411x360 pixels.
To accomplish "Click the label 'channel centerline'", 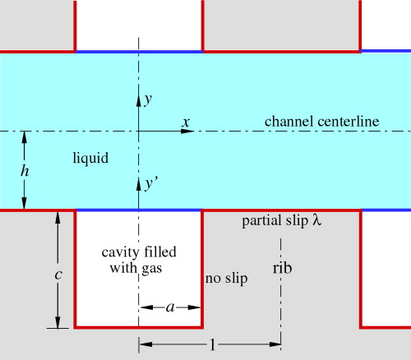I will coord(321,122).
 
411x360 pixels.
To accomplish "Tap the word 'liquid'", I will coord(90,157).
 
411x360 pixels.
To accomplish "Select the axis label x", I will coord(187,122).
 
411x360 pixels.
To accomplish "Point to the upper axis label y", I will coord(148,99).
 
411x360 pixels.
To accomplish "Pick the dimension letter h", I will coord(25,171).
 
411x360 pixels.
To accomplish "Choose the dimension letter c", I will coord(57,275).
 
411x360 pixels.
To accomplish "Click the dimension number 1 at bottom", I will coord(212,345).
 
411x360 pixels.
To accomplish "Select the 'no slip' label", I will coord(226,279).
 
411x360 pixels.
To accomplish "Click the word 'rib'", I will coord(282,268).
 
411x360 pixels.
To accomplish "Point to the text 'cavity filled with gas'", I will coord(138,259).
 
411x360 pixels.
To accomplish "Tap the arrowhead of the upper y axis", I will coord(138,98).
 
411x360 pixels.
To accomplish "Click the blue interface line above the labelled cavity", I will coord(139,210).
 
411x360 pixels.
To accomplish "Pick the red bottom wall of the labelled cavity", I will coord(139,327).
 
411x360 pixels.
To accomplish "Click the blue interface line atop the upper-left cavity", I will coord(139,52).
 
